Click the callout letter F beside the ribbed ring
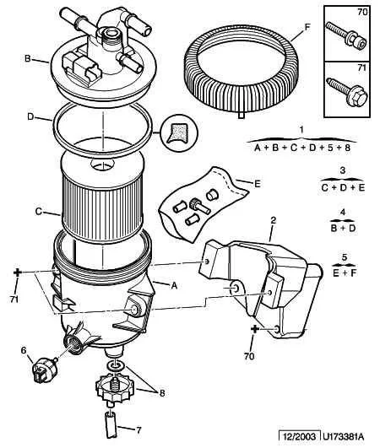tap(307, 28)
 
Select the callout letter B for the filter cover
tap(28, 58)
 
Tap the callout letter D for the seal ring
tap(30, 116)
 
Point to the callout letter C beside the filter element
tap(39, 212)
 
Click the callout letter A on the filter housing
tap(174, 285)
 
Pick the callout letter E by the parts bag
tap(258, 184)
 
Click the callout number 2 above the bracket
tap(274, 220)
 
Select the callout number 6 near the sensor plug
tap(24, 350)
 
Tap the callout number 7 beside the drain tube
tap(138, 430)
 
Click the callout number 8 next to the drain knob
tap(162, 393)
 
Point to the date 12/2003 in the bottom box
tap(300, 436)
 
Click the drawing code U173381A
tap(344, 436)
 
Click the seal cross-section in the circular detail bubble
tap(177, 132)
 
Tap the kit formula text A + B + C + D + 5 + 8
tap(302, 148)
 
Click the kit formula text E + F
tap(345, 273)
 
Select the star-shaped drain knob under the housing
tap(111, 388)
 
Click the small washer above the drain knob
tap(115, 364)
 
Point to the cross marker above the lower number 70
tap(254, 329)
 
